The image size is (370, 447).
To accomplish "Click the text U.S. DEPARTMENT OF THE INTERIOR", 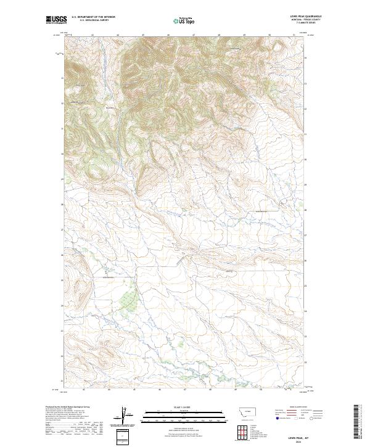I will pyautogui.click(x=93, y=17).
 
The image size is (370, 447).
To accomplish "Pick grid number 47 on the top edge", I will pyautogui.click(x=194, y=35).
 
